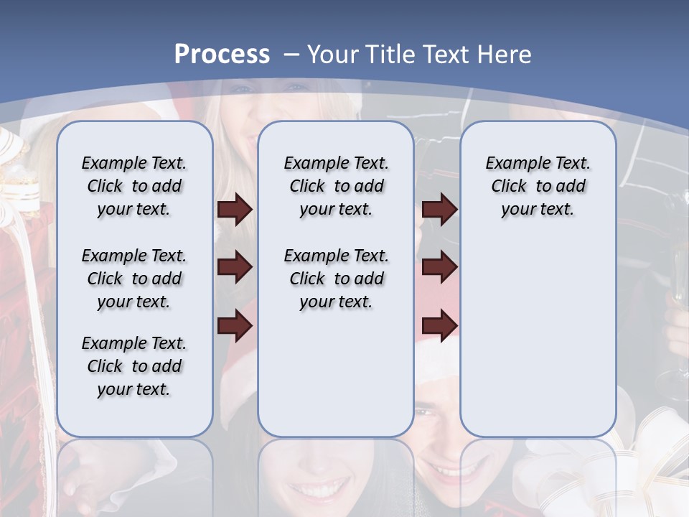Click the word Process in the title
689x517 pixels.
click(x=222, y=55)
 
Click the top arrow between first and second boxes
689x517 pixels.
click(x=235, y=210)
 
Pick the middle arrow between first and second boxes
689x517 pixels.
click(x=235, y=267)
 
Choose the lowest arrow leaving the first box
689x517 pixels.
click(x=235, y=326)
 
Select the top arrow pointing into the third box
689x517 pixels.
click(x=439, y=210)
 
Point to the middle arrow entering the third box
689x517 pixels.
click(x=439, y=267)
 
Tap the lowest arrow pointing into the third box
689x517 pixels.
click(x=439, y=326)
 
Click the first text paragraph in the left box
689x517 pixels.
click(x=134, y=186)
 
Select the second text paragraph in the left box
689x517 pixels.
click(x=134, y=279)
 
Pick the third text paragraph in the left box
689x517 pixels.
click(x=134, y=366)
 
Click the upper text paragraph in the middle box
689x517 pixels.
click(x=336, y=186)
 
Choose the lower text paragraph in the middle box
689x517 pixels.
click(x=336, y=279)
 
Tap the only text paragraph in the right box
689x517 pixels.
click(x=538, y=186)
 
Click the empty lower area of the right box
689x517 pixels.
click(x=538, y=337)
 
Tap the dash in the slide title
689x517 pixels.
click(x=291, y=55)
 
